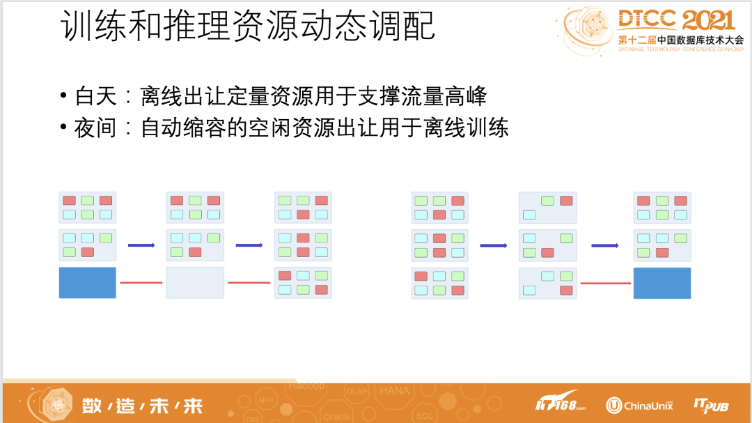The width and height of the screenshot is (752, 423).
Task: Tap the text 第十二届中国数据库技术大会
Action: [x=680, y=40]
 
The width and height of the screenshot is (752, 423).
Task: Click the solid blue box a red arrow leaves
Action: [x=87, y=282]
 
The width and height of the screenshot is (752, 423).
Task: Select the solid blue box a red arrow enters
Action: [x=661, y=283]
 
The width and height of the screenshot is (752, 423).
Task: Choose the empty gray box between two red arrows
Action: [x=195, y=282]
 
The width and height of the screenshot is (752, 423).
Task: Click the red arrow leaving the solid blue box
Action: [x=136, y=282]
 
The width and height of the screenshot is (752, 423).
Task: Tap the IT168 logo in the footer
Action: [x=560, y=403]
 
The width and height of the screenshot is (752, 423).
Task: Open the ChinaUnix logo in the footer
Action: [x=639, y=405]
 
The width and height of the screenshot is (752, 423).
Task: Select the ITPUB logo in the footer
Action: [x=711, y=404]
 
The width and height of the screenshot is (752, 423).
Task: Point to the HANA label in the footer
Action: [x=394, y=391]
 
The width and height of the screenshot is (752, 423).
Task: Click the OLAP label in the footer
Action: [x=357, y=392]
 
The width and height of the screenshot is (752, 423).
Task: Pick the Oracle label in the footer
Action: [x=336, y=417]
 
